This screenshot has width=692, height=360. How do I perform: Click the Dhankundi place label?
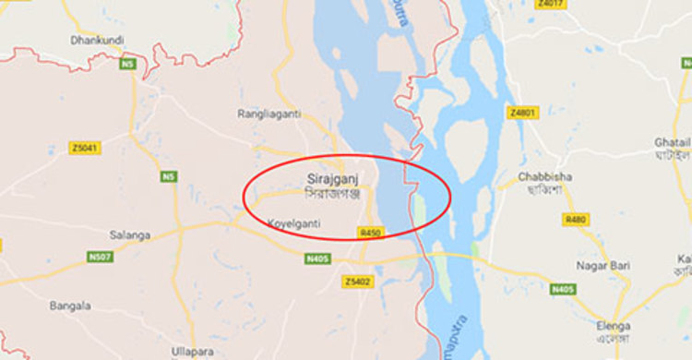[97, 40]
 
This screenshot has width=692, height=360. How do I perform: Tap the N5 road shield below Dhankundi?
[128, 64]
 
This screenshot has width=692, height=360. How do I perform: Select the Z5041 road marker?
[85, 148]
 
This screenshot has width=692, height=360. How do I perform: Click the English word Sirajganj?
[329, 175]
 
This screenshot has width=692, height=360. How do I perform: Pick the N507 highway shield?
[101, 258]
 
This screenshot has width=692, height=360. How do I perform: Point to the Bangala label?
[71, 306]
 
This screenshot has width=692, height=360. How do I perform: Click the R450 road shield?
[370, 233]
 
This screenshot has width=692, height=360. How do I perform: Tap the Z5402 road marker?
[357, 281]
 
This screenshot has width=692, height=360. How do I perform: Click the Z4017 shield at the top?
[550, 4]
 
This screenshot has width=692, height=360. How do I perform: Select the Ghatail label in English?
[671, 143]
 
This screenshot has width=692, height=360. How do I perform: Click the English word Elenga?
[614, 326]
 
